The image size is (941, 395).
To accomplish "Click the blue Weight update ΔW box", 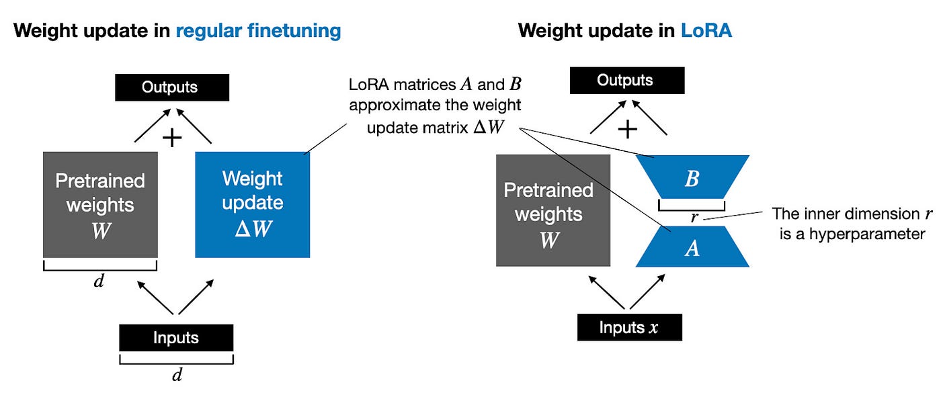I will point(252,205).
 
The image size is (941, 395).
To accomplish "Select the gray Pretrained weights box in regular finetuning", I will point(100,204).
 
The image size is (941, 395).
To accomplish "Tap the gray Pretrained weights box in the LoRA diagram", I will point(553,210).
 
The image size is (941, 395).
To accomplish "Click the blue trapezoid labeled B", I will point(692,178).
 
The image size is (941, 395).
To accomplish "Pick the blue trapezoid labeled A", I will point(692,247).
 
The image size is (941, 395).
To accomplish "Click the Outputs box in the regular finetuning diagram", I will point(172,87).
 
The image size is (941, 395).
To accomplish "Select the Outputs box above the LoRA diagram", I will point(626,80).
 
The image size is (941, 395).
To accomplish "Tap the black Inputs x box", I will point(630,327).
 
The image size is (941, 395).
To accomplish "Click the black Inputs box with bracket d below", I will point(176,337).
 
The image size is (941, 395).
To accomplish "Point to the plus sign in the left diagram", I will point(173,138).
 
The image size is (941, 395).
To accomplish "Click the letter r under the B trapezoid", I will point(694,218).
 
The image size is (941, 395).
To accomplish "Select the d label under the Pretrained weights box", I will point(99,281).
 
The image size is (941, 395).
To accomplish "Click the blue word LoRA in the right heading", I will point(706,31).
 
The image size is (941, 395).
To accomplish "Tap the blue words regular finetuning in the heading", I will point(258,31).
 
